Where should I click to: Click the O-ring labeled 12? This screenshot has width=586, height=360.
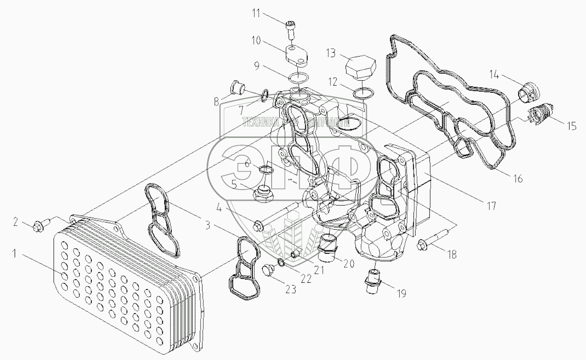point(362,93)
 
